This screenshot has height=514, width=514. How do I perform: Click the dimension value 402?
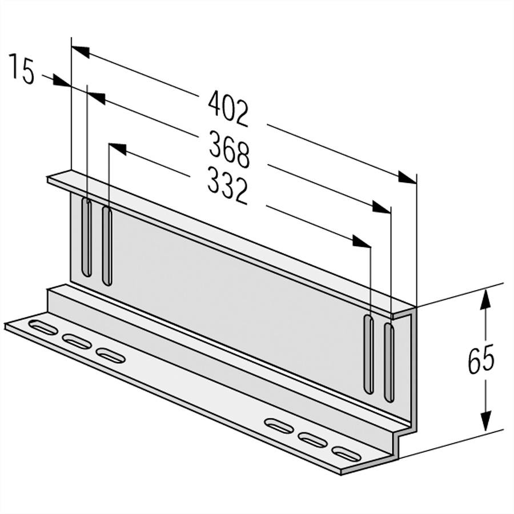(x=228, y=109)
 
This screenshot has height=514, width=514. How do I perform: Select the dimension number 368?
(x=229, y=150)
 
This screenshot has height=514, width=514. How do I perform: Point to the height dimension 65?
(x=481, y=360)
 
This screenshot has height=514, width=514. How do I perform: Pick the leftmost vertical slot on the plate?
(x=86, y=237)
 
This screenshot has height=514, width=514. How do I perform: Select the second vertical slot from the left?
(x=106, y=246)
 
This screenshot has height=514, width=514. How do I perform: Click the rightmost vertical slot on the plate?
(x=389, y=362)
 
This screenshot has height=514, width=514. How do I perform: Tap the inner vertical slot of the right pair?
(x=369, y=354)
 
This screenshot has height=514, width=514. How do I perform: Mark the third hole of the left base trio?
(x=111, y=355)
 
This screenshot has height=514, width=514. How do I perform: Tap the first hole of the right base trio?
(x=279, y=425)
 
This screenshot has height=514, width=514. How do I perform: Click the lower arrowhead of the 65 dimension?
(x=485, y=420)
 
